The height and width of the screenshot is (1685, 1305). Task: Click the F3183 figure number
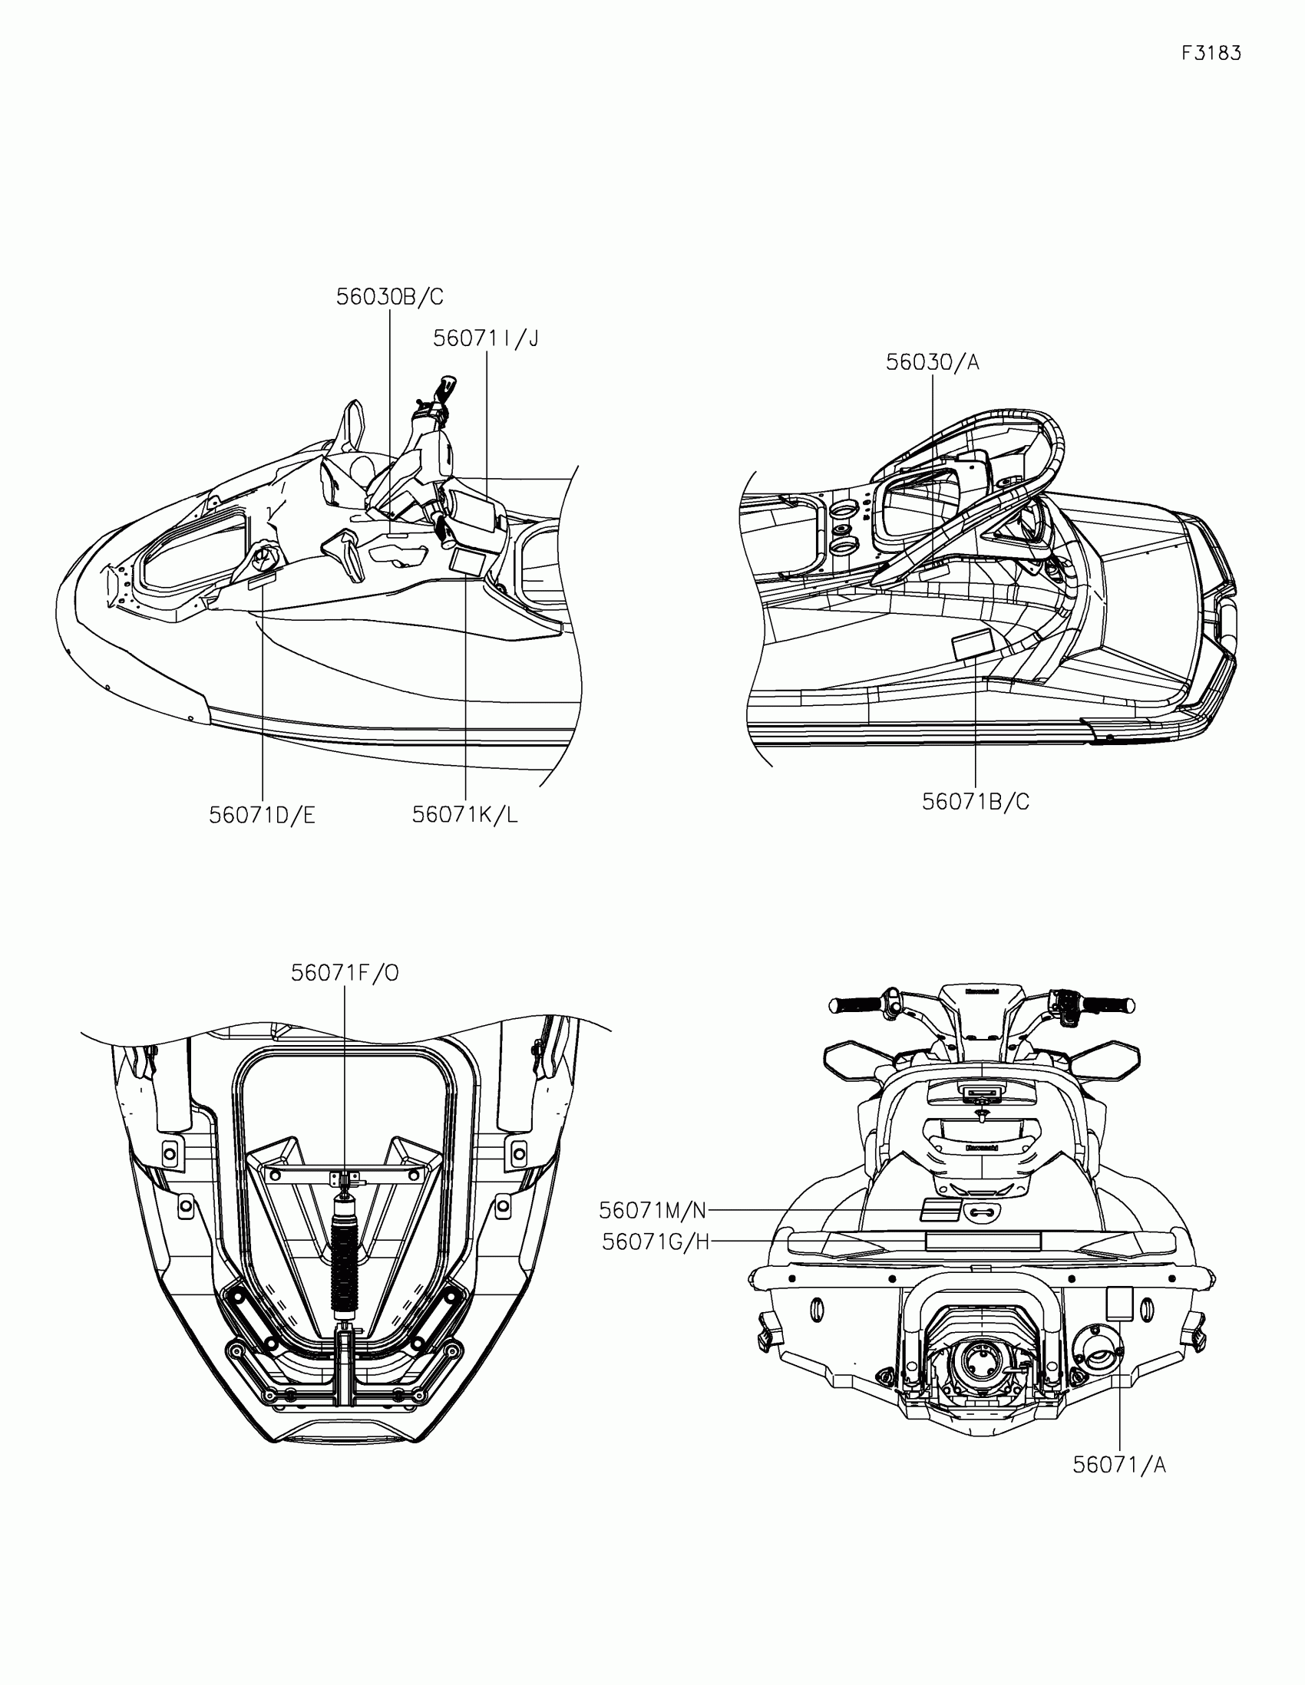point(1211,53)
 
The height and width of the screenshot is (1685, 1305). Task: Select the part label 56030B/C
point(390,297)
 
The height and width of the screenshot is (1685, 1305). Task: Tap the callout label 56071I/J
point(485,338)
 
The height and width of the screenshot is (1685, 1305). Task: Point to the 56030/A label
point(932,363)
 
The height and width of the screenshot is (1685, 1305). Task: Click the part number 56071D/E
point(263,816)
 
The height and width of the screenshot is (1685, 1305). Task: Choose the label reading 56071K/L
point(464,815)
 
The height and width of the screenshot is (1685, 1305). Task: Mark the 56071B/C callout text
point(976,803)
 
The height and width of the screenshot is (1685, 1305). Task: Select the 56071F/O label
point(345,974)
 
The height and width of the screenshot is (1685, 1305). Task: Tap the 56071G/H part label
point(656,1242)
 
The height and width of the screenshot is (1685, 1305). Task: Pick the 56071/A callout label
point(1119,1465)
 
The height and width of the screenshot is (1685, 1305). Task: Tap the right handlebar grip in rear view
point(1108,1005)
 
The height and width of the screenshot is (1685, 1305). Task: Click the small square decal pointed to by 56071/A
point(1119,1303)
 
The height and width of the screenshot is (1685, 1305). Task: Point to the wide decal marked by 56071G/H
point(983,1241)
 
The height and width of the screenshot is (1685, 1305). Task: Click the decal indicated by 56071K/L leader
point(467,561)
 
